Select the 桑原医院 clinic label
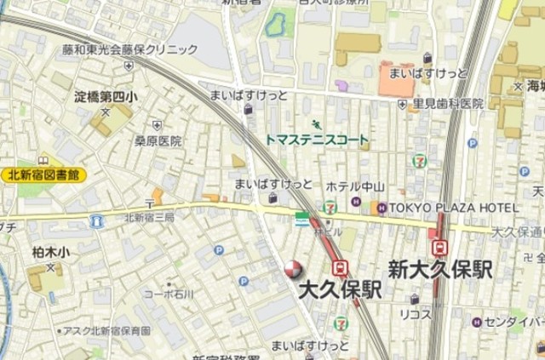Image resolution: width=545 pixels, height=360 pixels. (x=158, y=141)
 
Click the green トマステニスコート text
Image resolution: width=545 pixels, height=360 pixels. (x=316, y=140)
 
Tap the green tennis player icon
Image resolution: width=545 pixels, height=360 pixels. (x=318, y=124)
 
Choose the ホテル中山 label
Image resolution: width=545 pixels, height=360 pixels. (x=355, y=187)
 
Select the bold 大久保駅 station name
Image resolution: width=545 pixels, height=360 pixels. (x=340, y=289)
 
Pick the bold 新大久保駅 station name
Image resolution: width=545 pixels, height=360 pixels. (x=440, y=271)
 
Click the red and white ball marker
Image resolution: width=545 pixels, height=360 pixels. (x=292, y=270)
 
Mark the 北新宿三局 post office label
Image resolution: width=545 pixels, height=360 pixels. (x=149, y=218)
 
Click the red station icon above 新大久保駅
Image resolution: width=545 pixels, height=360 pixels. (x=440, y=248)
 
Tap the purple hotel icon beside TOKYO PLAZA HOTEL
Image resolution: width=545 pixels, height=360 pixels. (x=382, y=208)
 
